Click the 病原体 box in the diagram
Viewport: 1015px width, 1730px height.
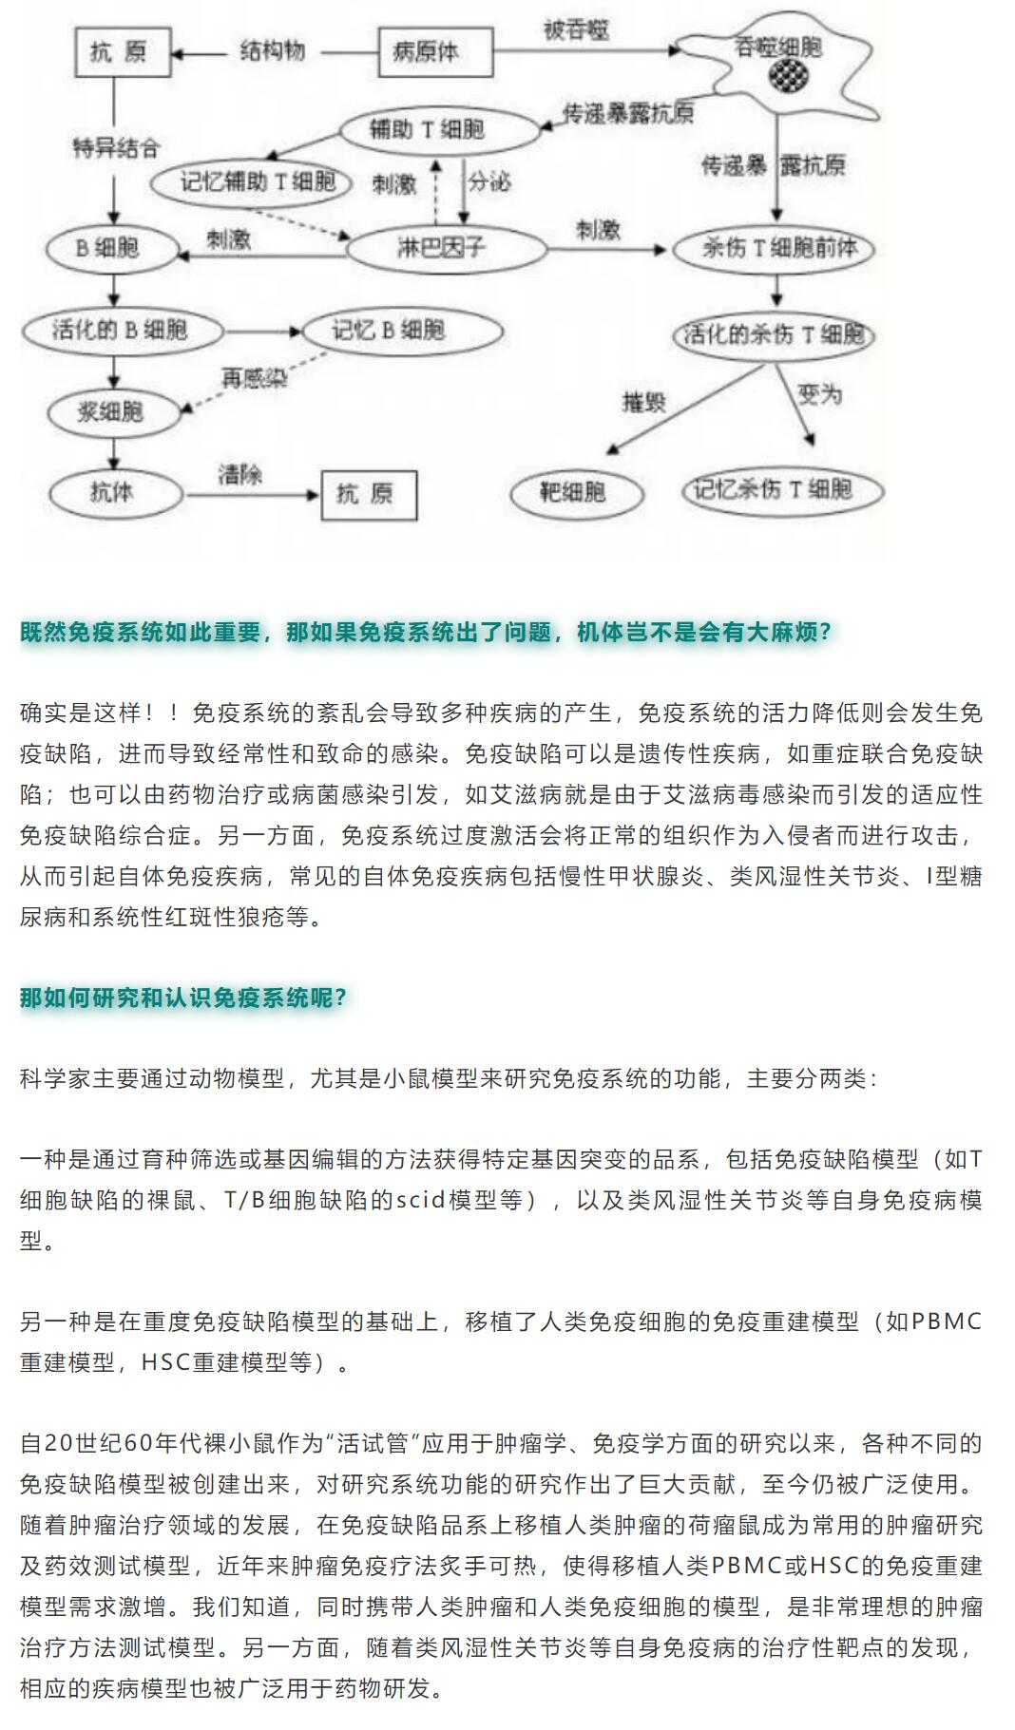tap(435, 52)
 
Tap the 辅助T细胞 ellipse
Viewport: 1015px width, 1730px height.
tap(427, 129)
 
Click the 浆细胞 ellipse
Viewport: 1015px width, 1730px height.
tap(110, 411)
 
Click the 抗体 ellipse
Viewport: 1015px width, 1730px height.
tap(112, 492)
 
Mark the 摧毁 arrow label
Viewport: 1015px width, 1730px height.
tap(643, 402)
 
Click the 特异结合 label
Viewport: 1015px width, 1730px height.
tap(116, 147)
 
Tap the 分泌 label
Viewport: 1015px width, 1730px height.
tap(489, 181)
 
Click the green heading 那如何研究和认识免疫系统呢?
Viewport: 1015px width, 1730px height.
tap(183, 998)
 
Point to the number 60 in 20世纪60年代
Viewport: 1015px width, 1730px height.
tap(138, 1443)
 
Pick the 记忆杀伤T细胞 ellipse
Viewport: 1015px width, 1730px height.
tap(782, 490)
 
